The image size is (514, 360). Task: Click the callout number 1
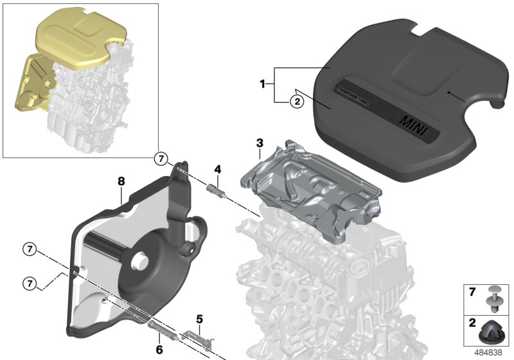261,84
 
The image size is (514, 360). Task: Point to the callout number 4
218,169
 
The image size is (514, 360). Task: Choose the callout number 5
199,318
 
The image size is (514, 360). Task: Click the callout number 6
159,350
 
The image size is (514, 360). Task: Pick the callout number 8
121,182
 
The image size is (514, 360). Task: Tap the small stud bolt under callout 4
216,190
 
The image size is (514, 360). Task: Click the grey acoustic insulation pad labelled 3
308,186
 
